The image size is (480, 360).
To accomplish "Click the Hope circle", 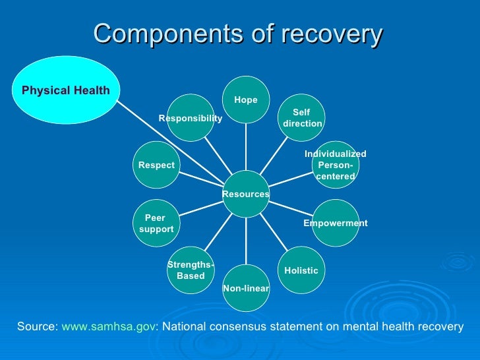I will click(246, 100).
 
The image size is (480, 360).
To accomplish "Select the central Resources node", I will click(246, 194).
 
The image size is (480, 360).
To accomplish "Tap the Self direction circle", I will click(301, 118).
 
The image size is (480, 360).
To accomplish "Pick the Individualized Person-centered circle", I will click(335, 165).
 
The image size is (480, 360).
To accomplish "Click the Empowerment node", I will click(335, 223).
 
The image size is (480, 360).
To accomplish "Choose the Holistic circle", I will click(301, 270).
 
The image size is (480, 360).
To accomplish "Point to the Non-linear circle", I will click(246, 288).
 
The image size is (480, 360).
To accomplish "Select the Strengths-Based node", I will click(191, 270).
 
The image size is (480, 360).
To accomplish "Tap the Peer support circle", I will click(156, 223).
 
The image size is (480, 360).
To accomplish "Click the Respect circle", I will click(156, 165).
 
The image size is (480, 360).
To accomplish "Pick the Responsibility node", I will click(191, 118).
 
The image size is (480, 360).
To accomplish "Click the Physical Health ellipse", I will click(65, 90).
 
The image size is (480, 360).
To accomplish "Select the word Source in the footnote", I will click(37, 326).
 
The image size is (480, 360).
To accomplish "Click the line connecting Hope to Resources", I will click(246, 146).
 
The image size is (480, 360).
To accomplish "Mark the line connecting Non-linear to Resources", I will click(246, 241).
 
